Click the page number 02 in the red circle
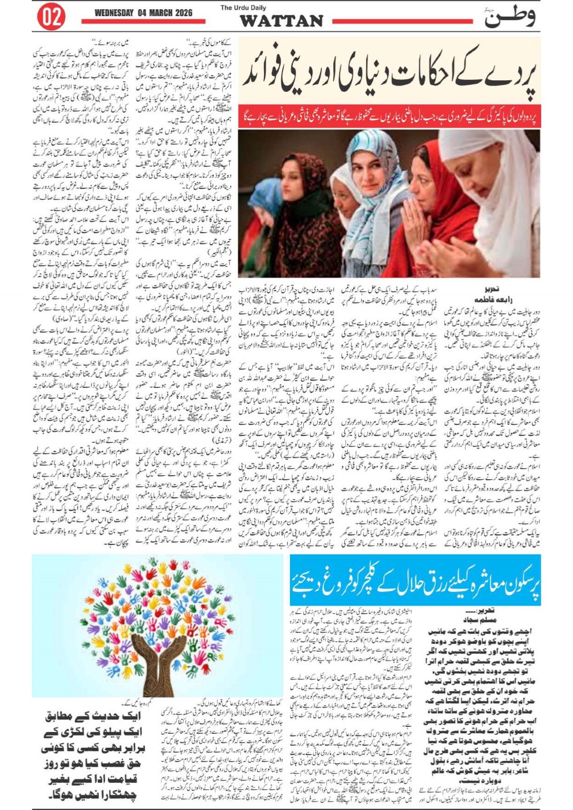(x=50, y=18)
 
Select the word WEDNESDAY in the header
(x=114, y=13)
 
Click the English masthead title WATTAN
(x=281, y=21)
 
